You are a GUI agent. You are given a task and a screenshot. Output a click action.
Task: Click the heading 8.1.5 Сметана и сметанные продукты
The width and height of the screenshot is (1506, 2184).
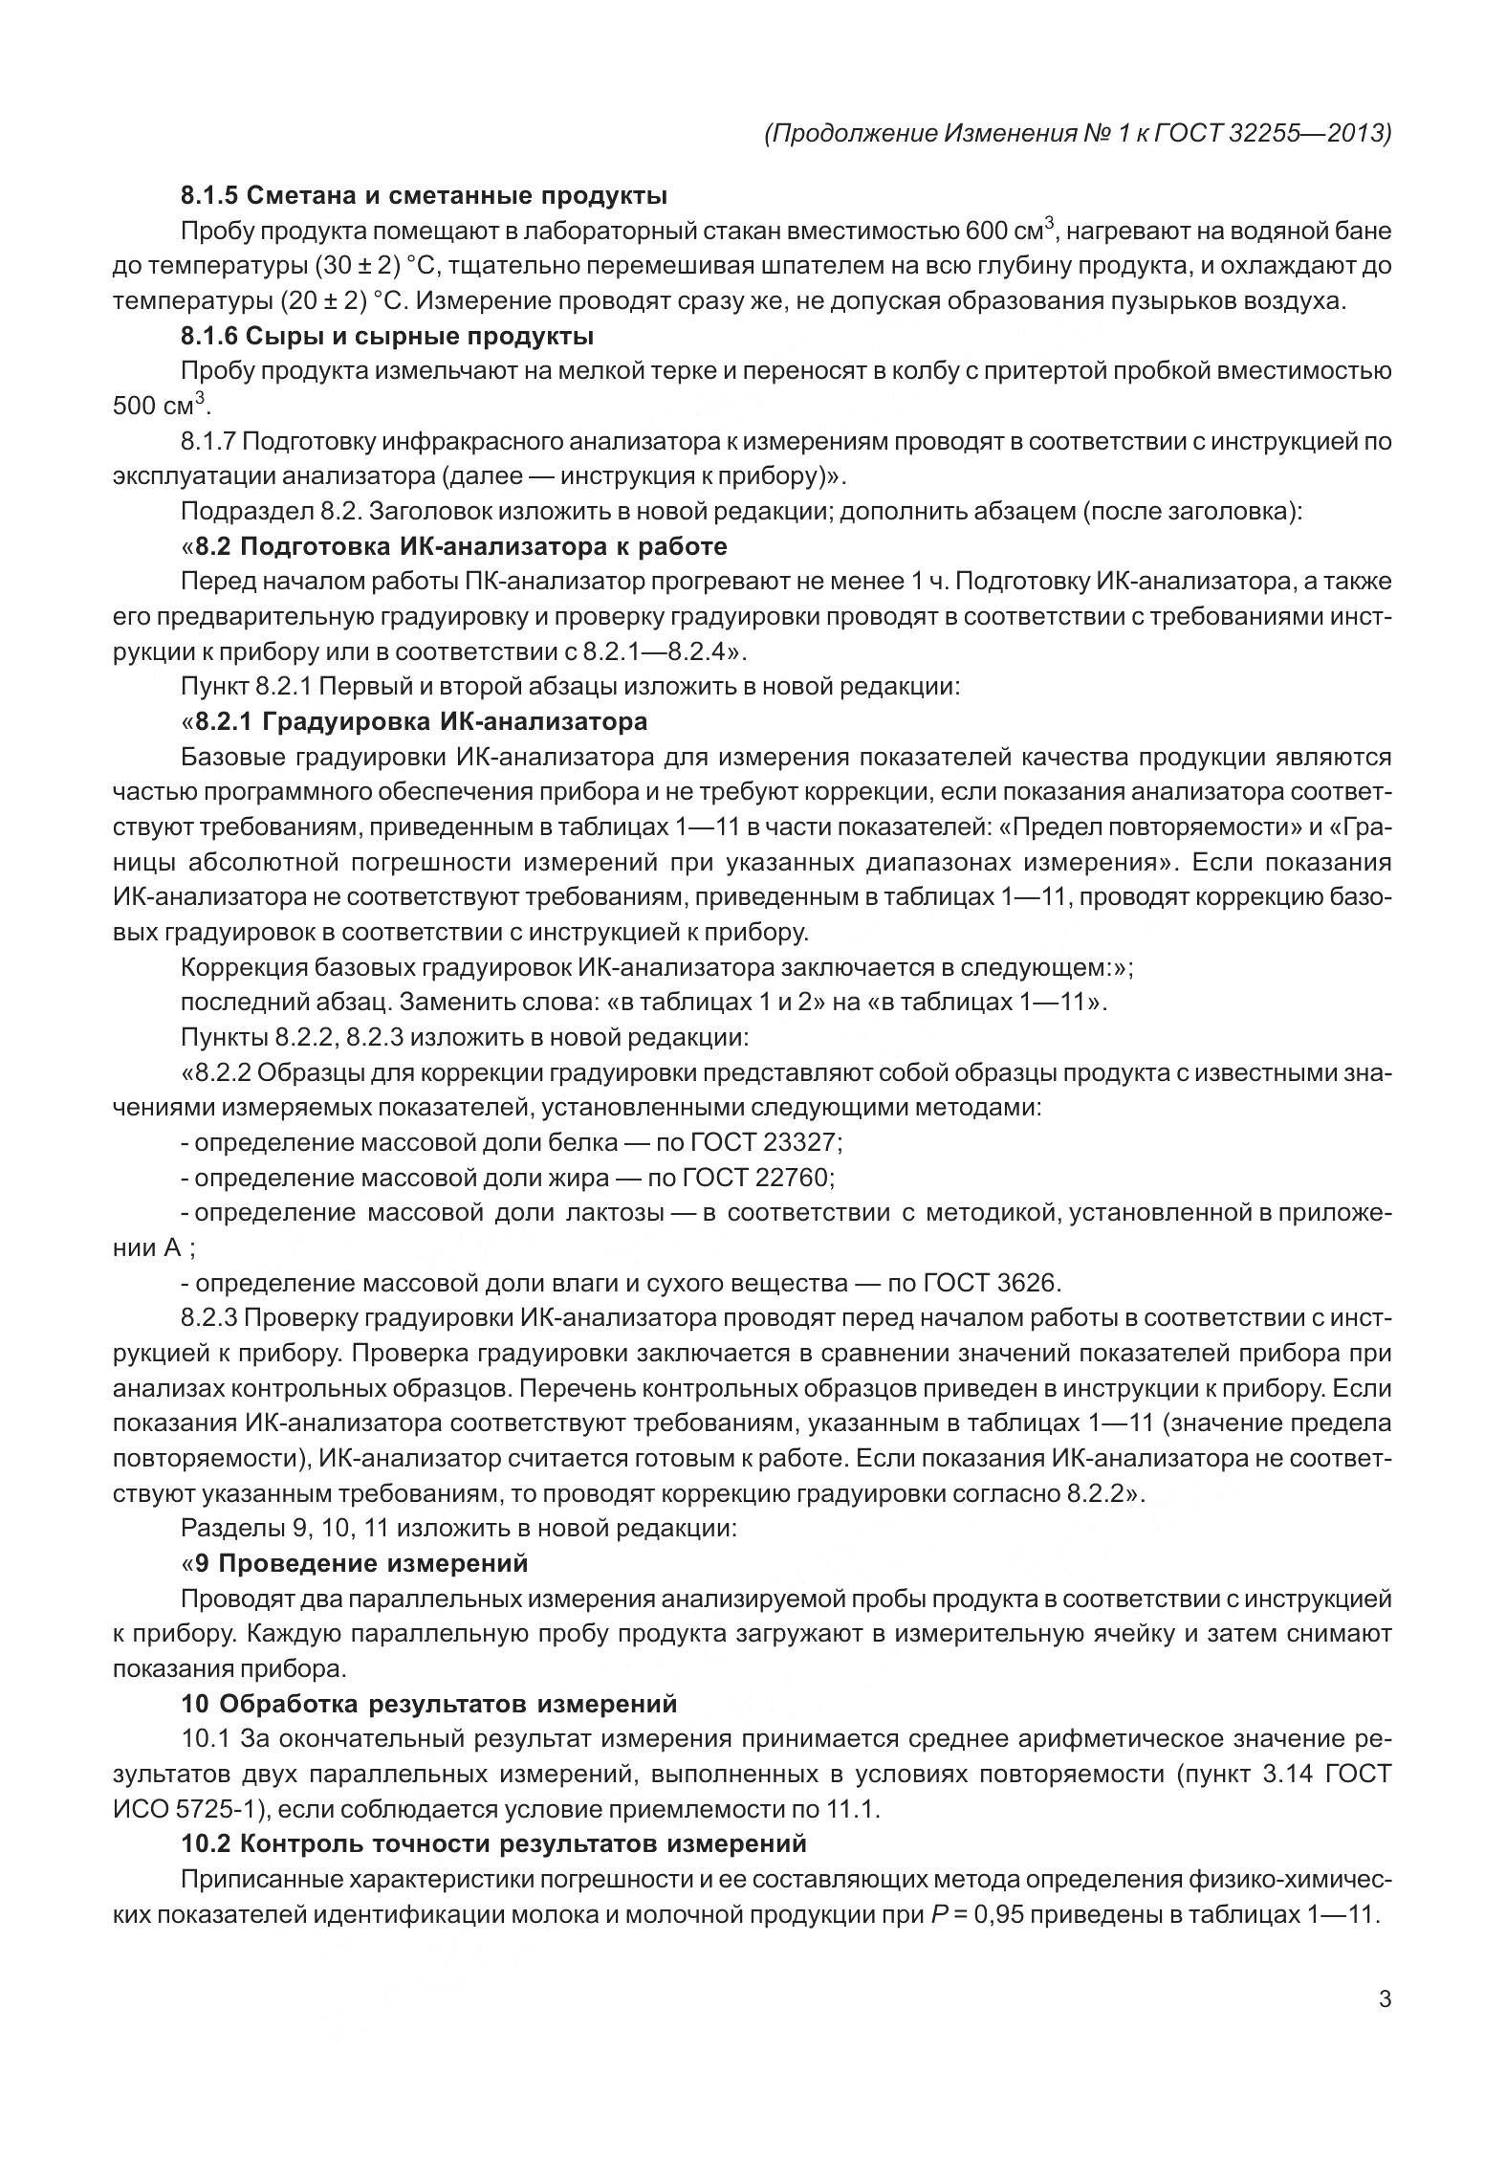(x=425, y=196)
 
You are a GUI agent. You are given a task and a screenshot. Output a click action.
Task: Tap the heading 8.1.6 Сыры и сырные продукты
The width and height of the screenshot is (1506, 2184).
(x=387, y=336)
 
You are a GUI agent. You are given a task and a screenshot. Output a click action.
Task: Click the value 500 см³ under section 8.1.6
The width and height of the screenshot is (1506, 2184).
(x=159, y=406)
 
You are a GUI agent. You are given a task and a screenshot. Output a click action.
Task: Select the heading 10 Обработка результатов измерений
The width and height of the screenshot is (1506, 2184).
(x=429, y=1704)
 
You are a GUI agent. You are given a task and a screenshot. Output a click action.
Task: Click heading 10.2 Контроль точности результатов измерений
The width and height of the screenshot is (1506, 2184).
(x=493, y=1843)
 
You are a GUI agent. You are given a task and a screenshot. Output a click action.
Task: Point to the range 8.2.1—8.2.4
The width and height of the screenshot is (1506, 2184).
(x=649, y=652)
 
